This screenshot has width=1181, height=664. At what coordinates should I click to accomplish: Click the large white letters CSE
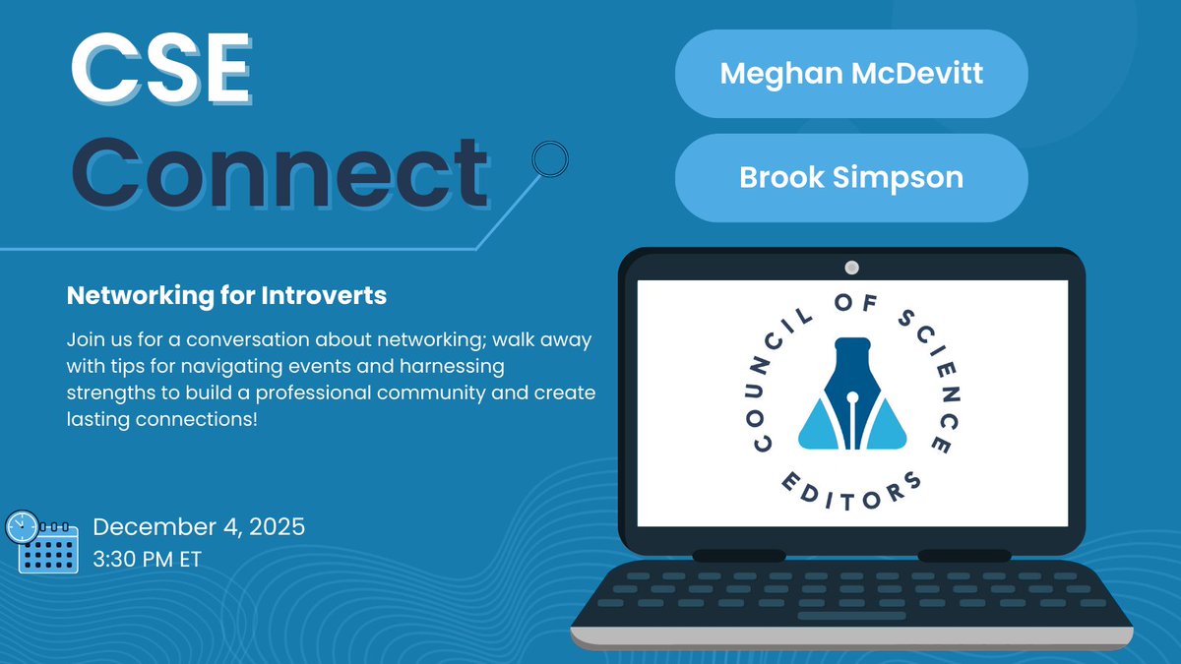click(x=159, y=73)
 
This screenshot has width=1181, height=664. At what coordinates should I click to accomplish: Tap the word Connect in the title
click(x=279, y=173)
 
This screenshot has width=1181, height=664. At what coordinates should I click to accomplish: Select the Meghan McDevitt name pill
click(x=851, y=74)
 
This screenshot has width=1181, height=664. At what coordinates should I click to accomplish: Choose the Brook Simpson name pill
click(x=851, y=177)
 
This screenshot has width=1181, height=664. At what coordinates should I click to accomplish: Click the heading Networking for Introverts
click(x=226, y=295)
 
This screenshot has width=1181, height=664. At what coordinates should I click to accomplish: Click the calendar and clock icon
click(x=41, y=542)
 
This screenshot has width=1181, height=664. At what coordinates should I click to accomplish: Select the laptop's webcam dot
click(x=852, y=268)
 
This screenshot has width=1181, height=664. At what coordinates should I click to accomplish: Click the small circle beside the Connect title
click(x=549, y=157)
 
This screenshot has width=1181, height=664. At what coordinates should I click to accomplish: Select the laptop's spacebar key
click(x=851, y=617)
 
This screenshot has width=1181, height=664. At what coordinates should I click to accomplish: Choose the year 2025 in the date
click(x=275, y=527)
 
